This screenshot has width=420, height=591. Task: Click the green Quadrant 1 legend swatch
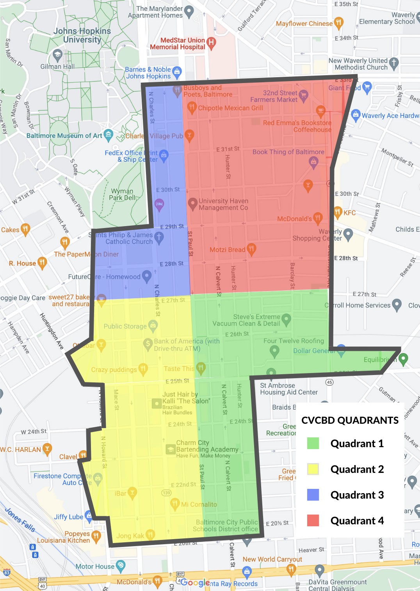pos(313,443)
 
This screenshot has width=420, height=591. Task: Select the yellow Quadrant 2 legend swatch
pos(313,469)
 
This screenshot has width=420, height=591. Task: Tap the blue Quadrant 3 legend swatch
pos(313,495)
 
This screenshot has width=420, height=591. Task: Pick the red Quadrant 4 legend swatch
pos(313,520)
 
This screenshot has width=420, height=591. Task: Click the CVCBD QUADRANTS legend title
pos(350,420)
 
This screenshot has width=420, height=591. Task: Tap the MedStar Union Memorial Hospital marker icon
pos(211,42)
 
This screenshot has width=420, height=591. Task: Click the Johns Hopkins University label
pos(82,35)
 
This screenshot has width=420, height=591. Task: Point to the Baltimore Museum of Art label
pos(64,136)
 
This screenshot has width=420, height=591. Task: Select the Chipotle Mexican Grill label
pos(230,108)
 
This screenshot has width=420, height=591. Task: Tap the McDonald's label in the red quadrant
pos(294,219)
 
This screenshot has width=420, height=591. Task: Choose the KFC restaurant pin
pos(338,212)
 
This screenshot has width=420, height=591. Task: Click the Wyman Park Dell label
pos(122,194)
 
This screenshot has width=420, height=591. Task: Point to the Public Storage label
pos(125,326)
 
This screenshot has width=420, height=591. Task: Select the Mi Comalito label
pos(199,504)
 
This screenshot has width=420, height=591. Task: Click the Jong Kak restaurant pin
pos(150,534)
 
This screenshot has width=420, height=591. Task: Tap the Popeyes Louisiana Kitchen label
pos(63,537)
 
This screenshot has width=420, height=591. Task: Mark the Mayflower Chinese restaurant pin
pos(338,23)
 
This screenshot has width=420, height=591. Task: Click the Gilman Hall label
pos(57,67)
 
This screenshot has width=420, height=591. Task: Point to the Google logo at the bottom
pos(195,582)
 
